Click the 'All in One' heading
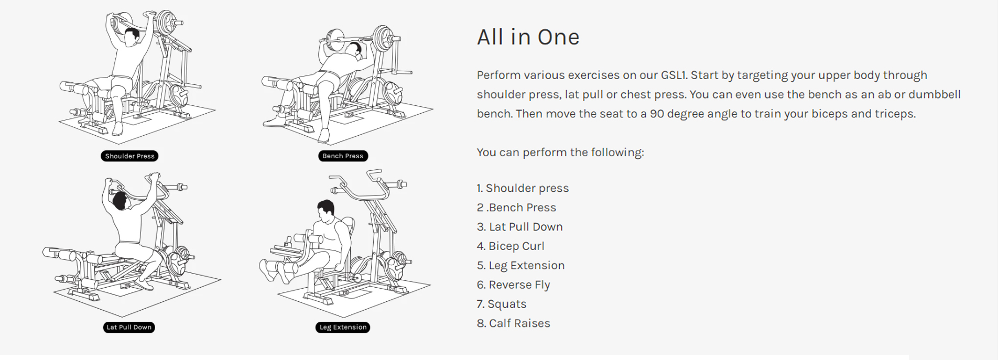(x=528, y=37)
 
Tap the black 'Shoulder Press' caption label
(x=129, y=156)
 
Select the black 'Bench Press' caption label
(x=343, y=156)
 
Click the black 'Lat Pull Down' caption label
(x=129, y=328)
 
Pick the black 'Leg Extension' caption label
(x=343, y=328)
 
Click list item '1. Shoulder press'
(x=523, y=188)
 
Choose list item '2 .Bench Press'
(x=516, y=208)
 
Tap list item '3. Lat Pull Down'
(x=519, y=227)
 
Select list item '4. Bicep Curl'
(x=511, y=246)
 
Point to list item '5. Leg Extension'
(x=520, y=266)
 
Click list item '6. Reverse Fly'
(x=513, y=285)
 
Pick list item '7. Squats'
(x=502, y=304)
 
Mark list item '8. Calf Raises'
(x=513, y=323)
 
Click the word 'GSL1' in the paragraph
(x=673, y=75)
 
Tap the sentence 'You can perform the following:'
(x=560, y=152)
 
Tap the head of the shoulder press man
(x=132, y=37)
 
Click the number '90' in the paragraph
(x=657, y=114)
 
